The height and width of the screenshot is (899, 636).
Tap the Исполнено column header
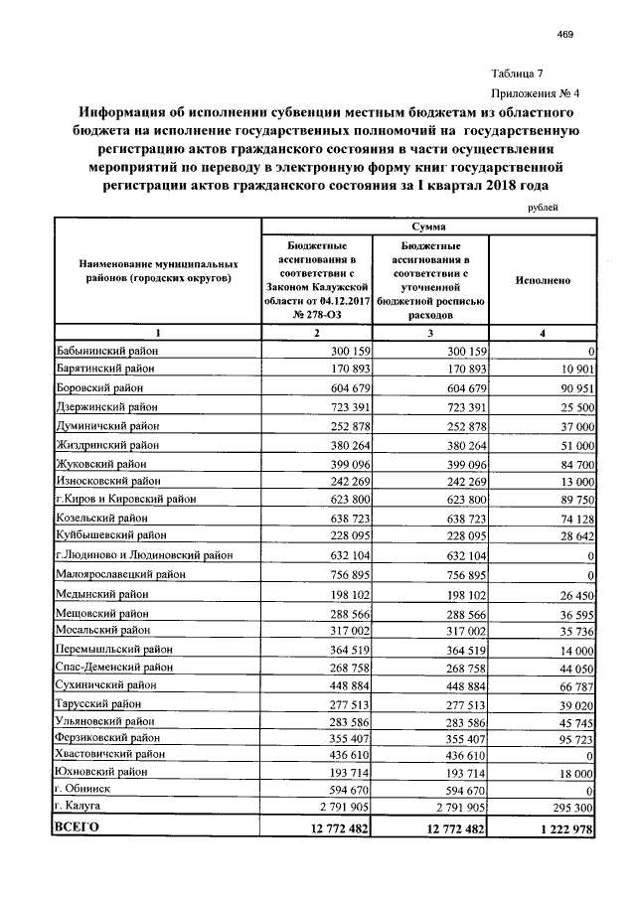(x=543, y=280)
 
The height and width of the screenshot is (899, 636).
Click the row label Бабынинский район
(x=107, y=352)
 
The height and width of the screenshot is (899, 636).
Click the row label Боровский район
(x=99, y=388)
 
